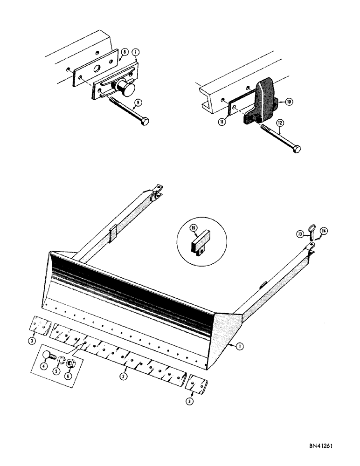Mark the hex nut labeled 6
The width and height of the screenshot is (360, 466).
tap(67, 363)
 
